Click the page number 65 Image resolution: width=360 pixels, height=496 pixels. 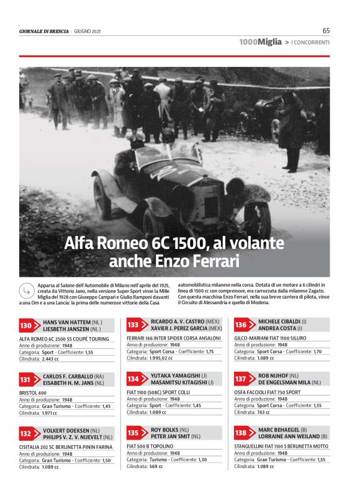[326, 30]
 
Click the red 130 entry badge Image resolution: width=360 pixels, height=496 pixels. [26, 325]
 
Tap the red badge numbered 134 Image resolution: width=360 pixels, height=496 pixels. [133, 379]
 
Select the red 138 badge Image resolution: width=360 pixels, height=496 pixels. [241, 432]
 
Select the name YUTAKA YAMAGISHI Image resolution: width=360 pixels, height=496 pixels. [176, 376]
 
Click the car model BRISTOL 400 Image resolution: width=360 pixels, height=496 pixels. [34, 393]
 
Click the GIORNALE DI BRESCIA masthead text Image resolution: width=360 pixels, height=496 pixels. [43, 31]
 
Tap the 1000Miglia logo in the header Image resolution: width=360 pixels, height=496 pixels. [256, 42]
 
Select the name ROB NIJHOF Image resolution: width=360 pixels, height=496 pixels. [272, 376]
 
